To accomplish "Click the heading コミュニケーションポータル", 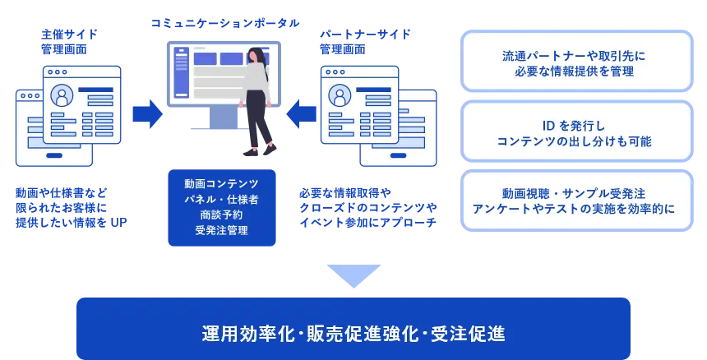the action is point(225,23).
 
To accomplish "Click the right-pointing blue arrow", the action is point(147,114).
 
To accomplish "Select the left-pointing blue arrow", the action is point(301,114).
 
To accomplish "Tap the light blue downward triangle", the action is point(354,275).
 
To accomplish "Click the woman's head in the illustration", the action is point(256,54).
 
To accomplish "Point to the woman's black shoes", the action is point(260,150).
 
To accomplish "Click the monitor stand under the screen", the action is point(223,118).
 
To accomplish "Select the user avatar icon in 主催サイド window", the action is point(62,95).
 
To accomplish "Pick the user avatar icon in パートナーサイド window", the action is point(340,95).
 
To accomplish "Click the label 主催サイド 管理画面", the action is point(69,42).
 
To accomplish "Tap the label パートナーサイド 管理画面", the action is point(365,42).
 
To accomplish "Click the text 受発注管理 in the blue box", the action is point(221,231).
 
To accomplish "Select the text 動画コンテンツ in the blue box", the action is point(221,184).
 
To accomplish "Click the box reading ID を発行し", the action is point(576,132).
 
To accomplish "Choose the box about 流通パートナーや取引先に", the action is point(576,62).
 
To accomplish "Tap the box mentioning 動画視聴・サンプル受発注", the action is point(576,201).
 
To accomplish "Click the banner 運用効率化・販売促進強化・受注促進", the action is point(353,329).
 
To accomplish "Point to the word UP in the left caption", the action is point(118,223).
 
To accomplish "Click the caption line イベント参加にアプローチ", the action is point(368,223).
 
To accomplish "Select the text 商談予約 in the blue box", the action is point(221,215).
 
